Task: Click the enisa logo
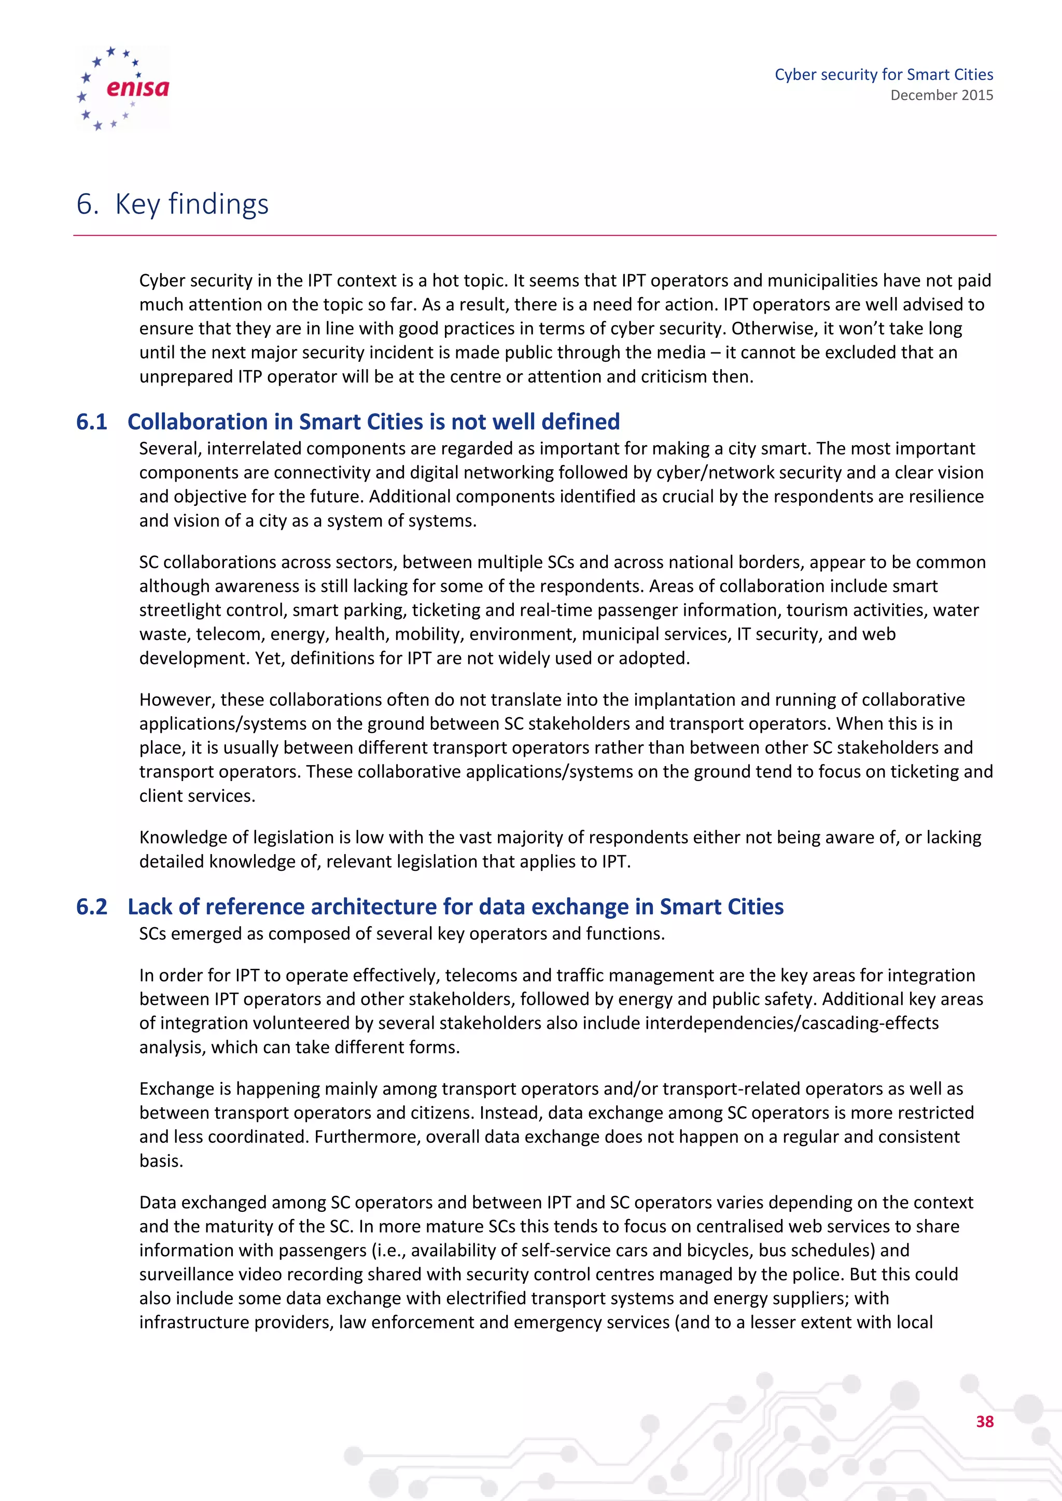123,88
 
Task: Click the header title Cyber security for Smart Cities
884,75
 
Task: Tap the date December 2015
941,95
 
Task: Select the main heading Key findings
191,204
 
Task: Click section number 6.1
92,422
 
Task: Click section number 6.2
92,907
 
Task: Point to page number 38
984,1421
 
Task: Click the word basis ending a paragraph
161,1161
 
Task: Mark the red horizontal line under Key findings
534,235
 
